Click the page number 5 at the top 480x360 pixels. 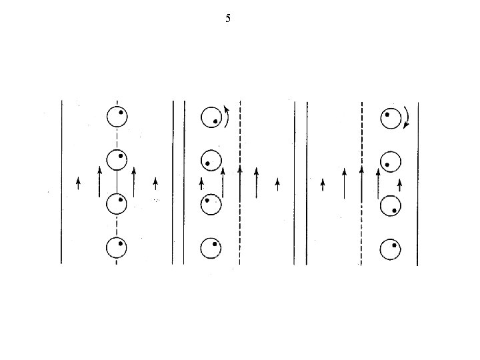pyautogui.click(x=228, y=19)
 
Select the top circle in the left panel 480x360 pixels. pyautogui.click(x=117, y=117)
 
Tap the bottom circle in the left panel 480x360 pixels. pyautogui.click(x=117, y=248)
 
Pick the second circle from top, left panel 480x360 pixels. pyautogui.click(x=117, y=160)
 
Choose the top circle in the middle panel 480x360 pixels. pyautogui.click(x=211, y=117)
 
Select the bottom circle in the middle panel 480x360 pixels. pyautogui.click(x=211, y=248)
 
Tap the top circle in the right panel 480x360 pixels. pyautogui.click(x=391, y=118)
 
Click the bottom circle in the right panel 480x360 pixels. pyautogui.click(x=391, y=250)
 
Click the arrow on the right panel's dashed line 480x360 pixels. pyautogui.click(x=361, y=181)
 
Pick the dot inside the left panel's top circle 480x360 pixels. pyautogui.click(x=121, y=113)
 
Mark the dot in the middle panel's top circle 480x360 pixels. pyautogui.click(x=215, y=122)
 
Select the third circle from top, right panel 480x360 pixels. pyautogui.click(x=391, y=206)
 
